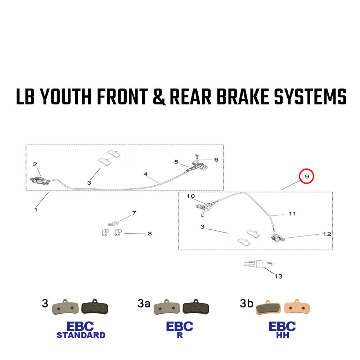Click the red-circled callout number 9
(x=307, y=176)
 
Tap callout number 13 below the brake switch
(x=278, y=276)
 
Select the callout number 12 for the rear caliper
(x=327, y=234)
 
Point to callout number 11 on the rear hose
(x=292, y=214)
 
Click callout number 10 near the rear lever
(x=190, y=196)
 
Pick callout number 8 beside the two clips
(x=150, y=234)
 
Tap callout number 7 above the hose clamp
(x=134, y=213)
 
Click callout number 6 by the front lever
(x=216, y=159)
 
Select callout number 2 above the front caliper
(x=35, y=164)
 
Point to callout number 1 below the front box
(x=36, y=210)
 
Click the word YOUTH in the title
(x=66, y=96)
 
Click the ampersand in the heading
(x=159, y=97)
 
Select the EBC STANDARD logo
(x=81, y=330)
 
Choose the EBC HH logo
(x=282, y=330)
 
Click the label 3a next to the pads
(x=144, y=303)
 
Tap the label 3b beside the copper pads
(x=246, y=303)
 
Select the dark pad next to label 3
(x=95, y=307)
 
